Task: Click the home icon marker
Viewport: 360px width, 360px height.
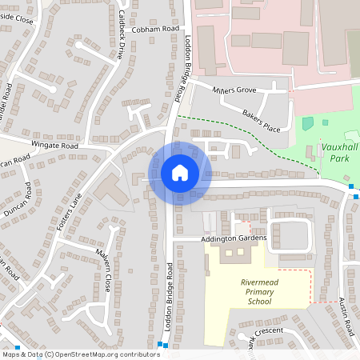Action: [x=180, y=172]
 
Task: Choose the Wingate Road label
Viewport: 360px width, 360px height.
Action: [x=54, y=146]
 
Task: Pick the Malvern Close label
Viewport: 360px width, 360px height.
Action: [x=102, y=271]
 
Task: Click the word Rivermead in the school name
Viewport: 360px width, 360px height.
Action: [x=261, y=282]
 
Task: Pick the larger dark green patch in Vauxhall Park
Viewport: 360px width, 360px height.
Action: [x=307, y=124]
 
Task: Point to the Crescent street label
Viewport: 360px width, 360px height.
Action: [x=269, y=330]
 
